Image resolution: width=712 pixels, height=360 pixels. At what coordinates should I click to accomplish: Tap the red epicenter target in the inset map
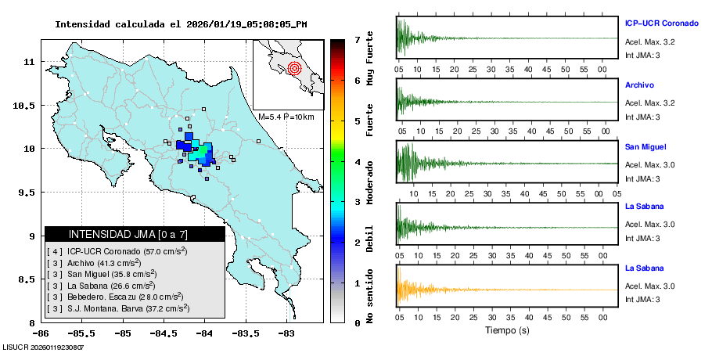coord(294,68)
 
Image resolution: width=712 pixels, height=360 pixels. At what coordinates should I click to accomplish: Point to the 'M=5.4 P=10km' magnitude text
coord(286,117)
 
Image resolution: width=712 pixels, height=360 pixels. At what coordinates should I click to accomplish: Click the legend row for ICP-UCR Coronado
coord(117,251)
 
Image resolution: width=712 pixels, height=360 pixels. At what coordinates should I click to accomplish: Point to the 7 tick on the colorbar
coord(356,39)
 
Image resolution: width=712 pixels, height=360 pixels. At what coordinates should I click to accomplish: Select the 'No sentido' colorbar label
coord(370,297)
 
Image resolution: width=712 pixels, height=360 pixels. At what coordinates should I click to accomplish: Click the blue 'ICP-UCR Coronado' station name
coord(661,23)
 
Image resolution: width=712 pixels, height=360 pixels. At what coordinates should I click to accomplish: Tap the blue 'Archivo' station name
coord(639,85)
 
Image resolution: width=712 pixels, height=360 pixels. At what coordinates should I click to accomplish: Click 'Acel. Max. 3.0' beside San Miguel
coord(649,164)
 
